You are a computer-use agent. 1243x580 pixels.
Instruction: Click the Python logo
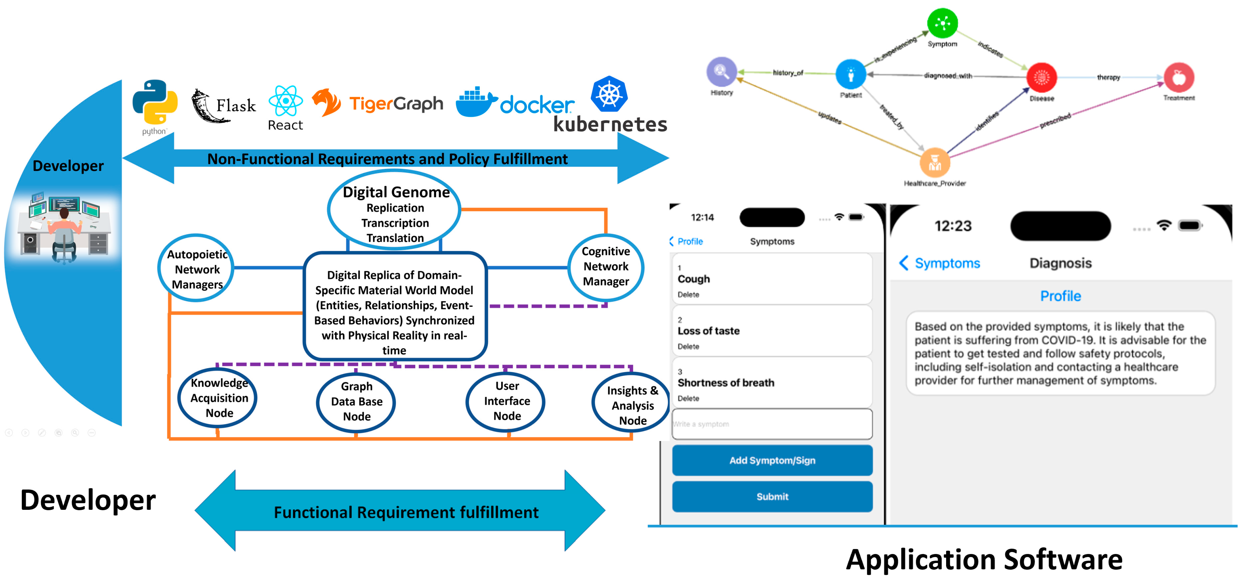(155, 102)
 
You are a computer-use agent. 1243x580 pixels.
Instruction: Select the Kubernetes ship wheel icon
(609, 94)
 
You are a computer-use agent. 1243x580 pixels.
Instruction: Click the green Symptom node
(942, 23)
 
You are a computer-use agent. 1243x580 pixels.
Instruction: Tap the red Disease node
(1041, 77)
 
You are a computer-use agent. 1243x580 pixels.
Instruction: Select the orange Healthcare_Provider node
(935, 163)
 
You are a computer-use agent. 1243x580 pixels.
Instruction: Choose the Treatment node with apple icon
(1178, 77)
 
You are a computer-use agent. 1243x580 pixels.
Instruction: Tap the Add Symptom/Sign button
(772, 460)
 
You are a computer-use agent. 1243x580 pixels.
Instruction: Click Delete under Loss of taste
(688, 346)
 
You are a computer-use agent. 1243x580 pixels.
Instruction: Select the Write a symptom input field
(772, 424)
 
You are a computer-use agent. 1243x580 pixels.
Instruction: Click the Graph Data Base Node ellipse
(356, 401)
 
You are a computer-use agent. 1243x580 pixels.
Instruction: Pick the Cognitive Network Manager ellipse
(606, 267)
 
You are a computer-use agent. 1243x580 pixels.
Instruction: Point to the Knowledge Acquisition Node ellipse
(218, 398)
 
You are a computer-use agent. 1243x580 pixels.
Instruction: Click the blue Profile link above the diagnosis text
(1060, 296)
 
